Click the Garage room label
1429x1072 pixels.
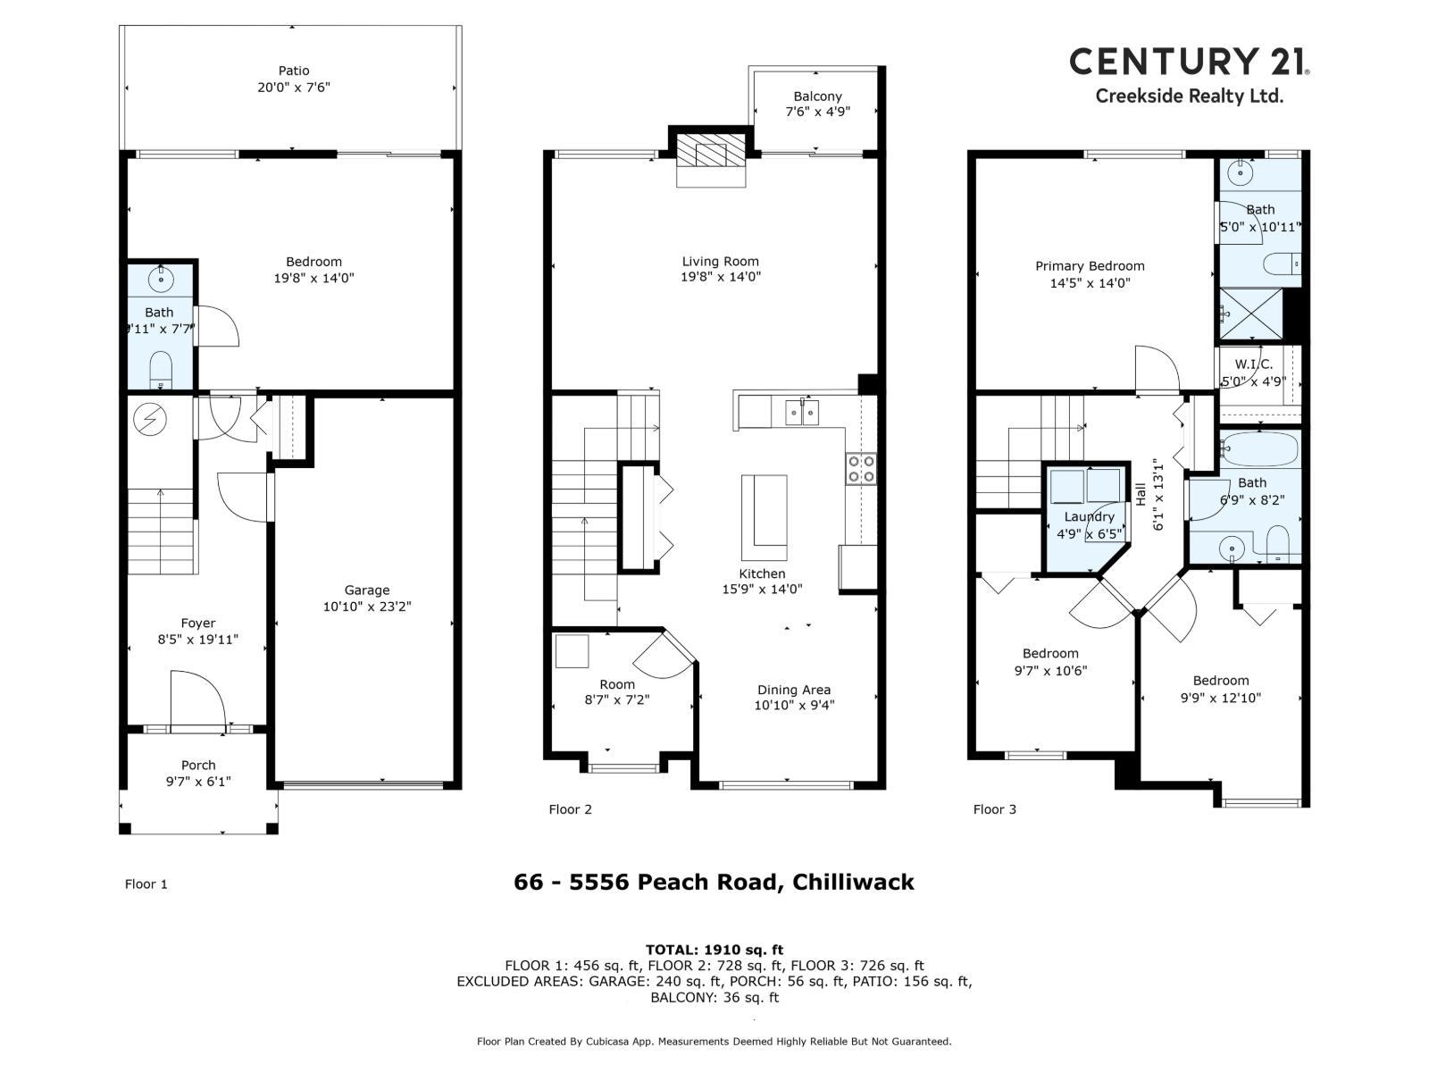(x=367, y=590)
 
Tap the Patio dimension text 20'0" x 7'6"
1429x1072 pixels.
(x=294, y=88)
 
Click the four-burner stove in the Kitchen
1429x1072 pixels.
(x=861, y=469)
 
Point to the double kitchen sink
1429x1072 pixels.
(x=803, y=413)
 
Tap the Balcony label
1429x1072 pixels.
(x=817, y=96)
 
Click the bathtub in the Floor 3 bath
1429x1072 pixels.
(x=1259, y=449)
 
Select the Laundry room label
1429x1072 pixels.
(x=1090, y=517)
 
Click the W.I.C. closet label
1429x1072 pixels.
(x=1254, y=364)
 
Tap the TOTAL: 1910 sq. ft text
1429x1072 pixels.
(x=714, y=950)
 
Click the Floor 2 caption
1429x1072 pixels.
(x=570, y=809)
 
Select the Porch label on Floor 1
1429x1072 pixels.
(x=198, y=765)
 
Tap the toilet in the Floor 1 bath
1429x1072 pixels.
(x=161, y=368)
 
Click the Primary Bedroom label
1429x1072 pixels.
(x=1090, y=266)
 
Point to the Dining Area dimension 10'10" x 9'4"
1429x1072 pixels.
(x=794, y=706)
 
